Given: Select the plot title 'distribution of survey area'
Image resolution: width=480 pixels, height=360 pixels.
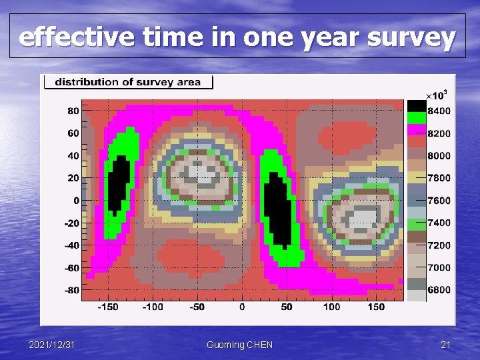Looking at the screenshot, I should point(127,82).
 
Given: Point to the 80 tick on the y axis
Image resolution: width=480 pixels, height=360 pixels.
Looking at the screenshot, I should point(73,111).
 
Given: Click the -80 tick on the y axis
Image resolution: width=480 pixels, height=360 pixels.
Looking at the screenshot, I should point(71,290).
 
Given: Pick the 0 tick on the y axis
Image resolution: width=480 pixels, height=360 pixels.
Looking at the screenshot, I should point(77,200).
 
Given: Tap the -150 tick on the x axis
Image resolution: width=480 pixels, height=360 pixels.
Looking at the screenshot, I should point(107,307).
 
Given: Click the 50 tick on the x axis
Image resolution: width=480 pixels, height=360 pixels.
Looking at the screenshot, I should point(287,307).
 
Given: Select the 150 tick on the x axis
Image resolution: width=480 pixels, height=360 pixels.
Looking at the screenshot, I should point(376,307).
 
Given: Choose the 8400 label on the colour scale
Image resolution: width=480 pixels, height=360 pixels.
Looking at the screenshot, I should point(439,111).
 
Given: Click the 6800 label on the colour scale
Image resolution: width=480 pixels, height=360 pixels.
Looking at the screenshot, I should point(439,290).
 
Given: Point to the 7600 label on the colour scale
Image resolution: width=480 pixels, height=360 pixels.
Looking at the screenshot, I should point(439,200).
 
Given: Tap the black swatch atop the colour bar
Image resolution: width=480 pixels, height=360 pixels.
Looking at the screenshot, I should point(417,105).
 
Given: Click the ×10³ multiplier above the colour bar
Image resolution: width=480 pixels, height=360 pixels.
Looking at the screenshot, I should point(437,93).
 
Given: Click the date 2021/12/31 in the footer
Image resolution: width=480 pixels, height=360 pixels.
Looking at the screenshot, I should point(52,345).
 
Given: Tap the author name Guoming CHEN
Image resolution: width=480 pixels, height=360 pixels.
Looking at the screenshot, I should point(239,345).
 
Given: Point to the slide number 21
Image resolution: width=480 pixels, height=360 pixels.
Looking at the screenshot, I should point(446,345).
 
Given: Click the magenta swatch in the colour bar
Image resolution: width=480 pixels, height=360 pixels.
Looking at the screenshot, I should point(417,129).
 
